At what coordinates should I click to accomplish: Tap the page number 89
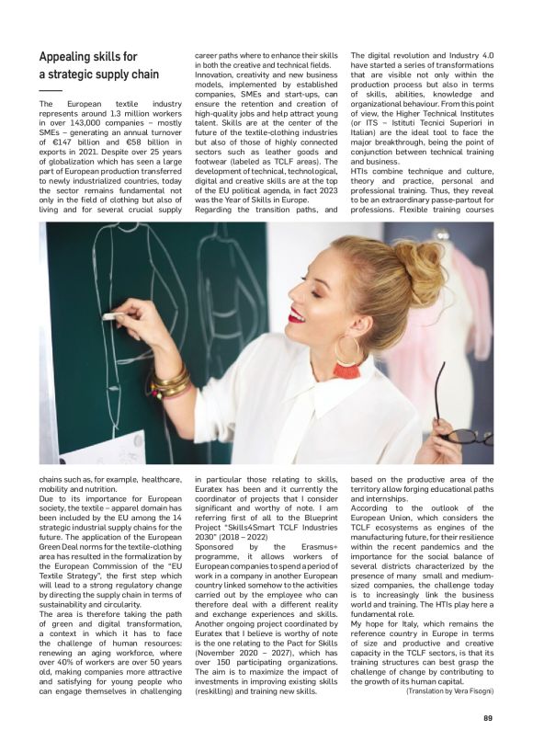click(487, 719)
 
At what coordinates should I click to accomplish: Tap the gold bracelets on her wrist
click(170, 380)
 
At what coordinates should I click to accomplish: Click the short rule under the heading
click(51, 90)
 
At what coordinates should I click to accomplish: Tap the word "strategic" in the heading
click(79, 74)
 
